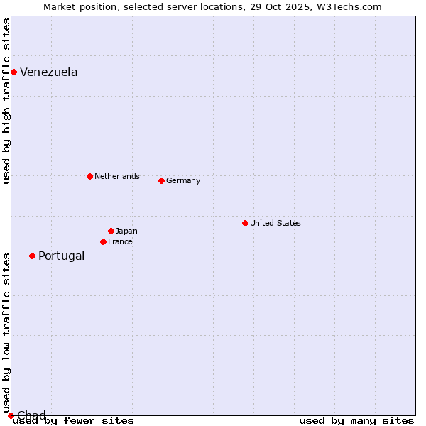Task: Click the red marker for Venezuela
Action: coord(13,72)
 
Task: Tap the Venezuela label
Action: coord(49,72)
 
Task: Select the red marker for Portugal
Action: coord(32,256)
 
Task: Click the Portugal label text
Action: coord(61,256)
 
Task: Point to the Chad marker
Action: coord(10,415)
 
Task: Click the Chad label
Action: coord(31,415)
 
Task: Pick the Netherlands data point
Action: coord(89,176)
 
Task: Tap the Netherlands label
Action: coord(117,176)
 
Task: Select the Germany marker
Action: coord(161,180)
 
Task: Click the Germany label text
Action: coord(183,180)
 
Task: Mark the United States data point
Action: coord(245,223)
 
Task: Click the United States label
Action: coord(275,223)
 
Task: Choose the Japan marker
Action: coord(111,231)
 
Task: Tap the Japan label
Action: coord(126,231)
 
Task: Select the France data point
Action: coord(103,241)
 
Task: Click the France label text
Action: coord(120,241)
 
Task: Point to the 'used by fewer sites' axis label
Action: coord(74,420)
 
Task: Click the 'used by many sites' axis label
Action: coord(356,420)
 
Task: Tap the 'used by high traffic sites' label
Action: coord(7,101)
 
